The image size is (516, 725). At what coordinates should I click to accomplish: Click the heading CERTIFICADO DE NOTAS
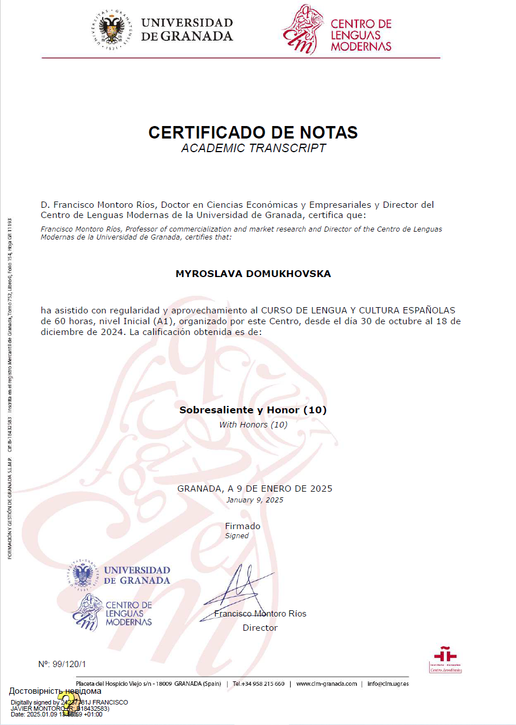click(253, 132)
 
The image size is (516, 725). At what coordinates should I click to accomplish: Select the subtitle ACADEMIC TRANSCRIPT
click(253, 149)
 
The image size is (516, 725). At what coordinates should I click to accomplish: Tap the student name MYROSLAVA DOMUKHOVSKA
click(253, 274)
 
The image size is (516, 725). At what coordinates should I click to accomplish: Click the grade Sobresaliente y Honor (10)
click(253, 409)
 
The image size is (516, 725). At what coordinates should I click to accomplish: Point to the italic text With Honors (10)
click(253, 425)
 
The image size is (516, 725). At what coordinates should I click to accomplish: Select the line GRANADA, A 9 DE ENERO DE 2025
click(255, 488)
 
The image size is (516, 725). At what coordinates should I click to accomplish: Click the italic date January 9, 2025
click(254, 500)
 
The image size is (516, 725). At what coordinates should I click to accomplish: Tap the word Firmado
click(242, 526)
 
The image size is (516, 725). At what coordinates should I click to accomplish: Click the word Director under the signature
click(260, 628)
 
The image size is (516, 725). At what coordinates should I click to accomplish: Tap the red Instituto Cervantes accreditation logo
click(445, 659)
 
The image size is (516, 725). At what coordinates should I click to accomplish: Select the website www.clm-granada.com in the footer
click(326, 684)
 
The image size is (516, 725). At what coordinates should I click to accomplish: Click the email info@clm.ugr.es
click(388, 684)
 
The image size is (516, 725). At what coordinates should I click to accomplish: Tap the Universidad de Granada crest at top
click(111, 30)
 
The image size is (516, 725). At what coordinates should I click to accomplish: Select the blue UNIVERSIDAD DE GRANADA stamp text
click(137, 575)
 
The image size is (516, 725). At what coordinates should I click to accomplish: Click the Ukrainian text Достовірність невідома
click(55, 691)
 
